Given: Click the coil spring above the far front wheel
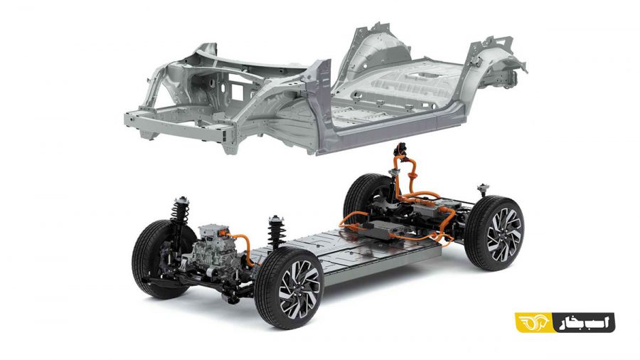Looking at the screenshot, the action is pyautogui.click(x=180, y=210).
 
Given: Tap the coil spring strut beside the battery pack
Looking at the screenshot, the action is pyautogui.click(x=277, y=232).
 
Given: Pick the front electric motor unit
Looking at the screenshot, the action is pyautogui.click(x=214, y=250).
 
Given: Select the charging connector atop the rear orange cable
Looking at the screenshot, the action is pyautogui.click(x=401, y=149).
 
